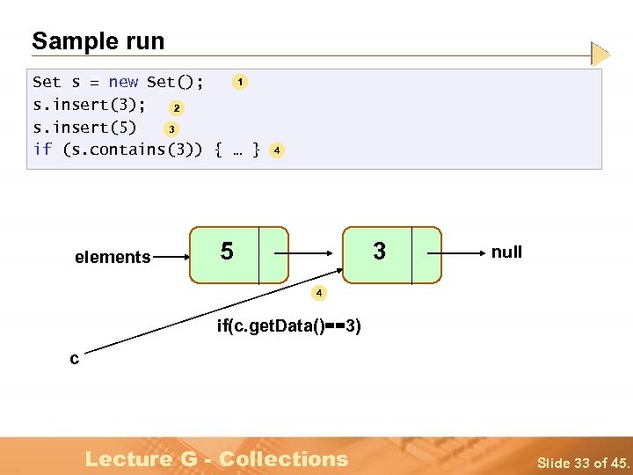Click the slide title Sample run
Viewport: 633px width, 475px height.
pyautogui.click(x=98, y=41)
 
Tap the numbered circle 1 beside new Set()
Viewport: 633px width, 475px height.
pyautogui.click(x=240, y=82)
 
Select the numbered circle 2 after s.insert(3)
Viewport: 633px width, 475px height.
pyautogui.click(x=177, y=108)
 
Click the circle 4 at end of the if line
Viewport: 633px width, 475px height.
pyautogui.click(x=276, y=150)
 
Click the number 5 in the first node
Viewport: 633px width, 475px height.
pyautogui.click(x=227, y=252)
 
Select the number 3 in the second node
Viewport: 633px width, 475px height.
pyautogui.click(x=379, y=252)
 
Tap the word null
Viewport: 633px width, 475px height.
pyautogui.click(x=506, y=252)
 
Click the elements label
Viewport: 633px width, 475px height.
pyautogui.click(x=113, y=258)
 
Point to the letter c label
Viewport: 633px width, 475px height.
pyautogui.click(x=75, y=358)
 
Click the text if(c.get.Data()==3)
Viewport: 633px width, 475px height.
pyautogui.click(x=288, y=327)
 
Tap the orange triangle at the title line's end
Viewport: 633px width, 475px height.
pyautogui.click(x=600, y=55)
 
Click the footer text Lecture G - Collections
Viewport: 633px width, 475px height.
pyautogui.click(x=216, y=458)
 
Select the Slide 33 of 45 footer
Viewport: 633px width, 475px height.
pyautogui.click(x=584, y=463)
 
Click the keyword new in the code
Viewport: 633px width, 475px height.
pyautogui.click(x=123, y=83)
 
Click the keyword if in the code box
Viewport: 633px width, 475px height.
pyautogui.click(x=42, y=150)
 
